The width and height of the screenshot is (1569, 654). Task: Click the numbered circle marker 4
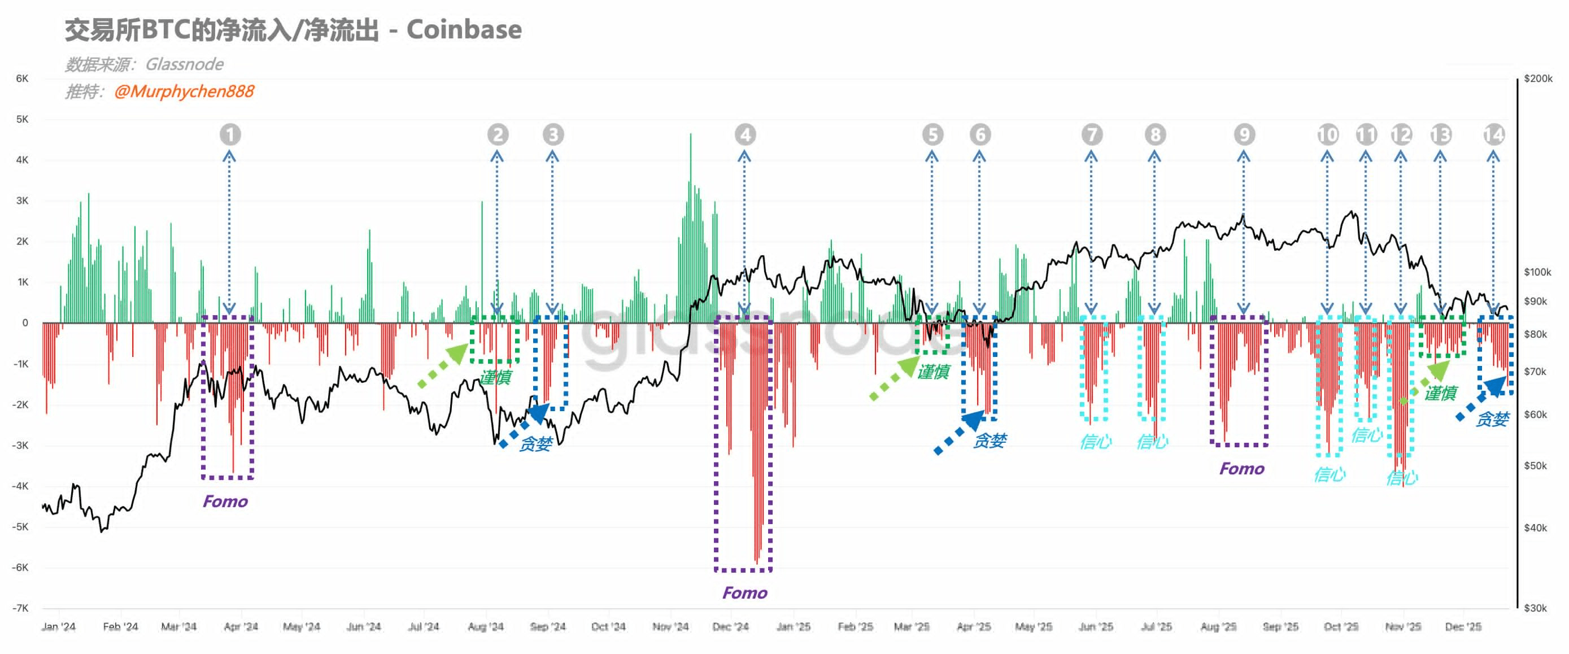point(745,134)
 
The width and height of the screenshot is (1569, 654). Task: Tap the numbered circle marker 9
point(1244,134)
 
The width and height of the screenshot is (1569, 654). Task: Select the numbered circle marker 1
point(230,134)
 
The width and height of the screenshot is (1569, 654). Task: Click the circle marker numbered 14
point(1493,134)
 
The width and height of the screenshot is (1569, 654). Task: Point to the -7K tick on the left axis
point(21,608)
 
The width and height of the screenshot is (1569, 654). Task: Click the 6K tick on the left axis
point(22,79)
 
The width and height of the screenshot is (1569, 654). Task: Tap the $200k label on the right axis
point(1538,79)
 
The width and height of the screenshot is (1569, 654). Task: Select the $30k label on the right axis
point(1535,608)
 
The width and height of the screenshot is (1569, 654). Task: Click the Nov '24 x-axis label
point(670,626)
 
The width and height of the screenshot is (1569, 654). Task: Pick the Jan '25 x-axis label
point(793,626)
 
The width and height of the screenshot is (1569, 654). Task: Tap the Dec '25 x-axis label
point(1463,626)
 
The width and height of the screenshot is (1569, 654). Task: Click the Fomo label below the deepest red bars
point(744,592)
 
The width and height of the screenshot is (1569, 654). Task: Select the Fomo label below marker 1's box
point(225,501)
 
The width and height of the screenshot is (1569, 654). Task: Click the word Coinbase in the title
point(464,29)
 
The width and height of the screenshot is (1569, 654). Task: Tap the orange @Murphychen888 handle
point(184,91)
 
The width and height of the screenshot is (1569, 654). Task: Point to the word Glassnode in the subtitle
point(184,64)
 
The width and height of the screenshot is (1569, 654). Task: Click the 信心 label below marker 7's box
point(1095,442)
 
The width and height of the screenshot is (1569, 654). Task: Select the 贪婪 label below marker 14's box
point(1492,419)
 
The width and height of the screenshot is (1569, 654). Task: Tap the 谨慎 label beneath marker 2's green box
point(495,377)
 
